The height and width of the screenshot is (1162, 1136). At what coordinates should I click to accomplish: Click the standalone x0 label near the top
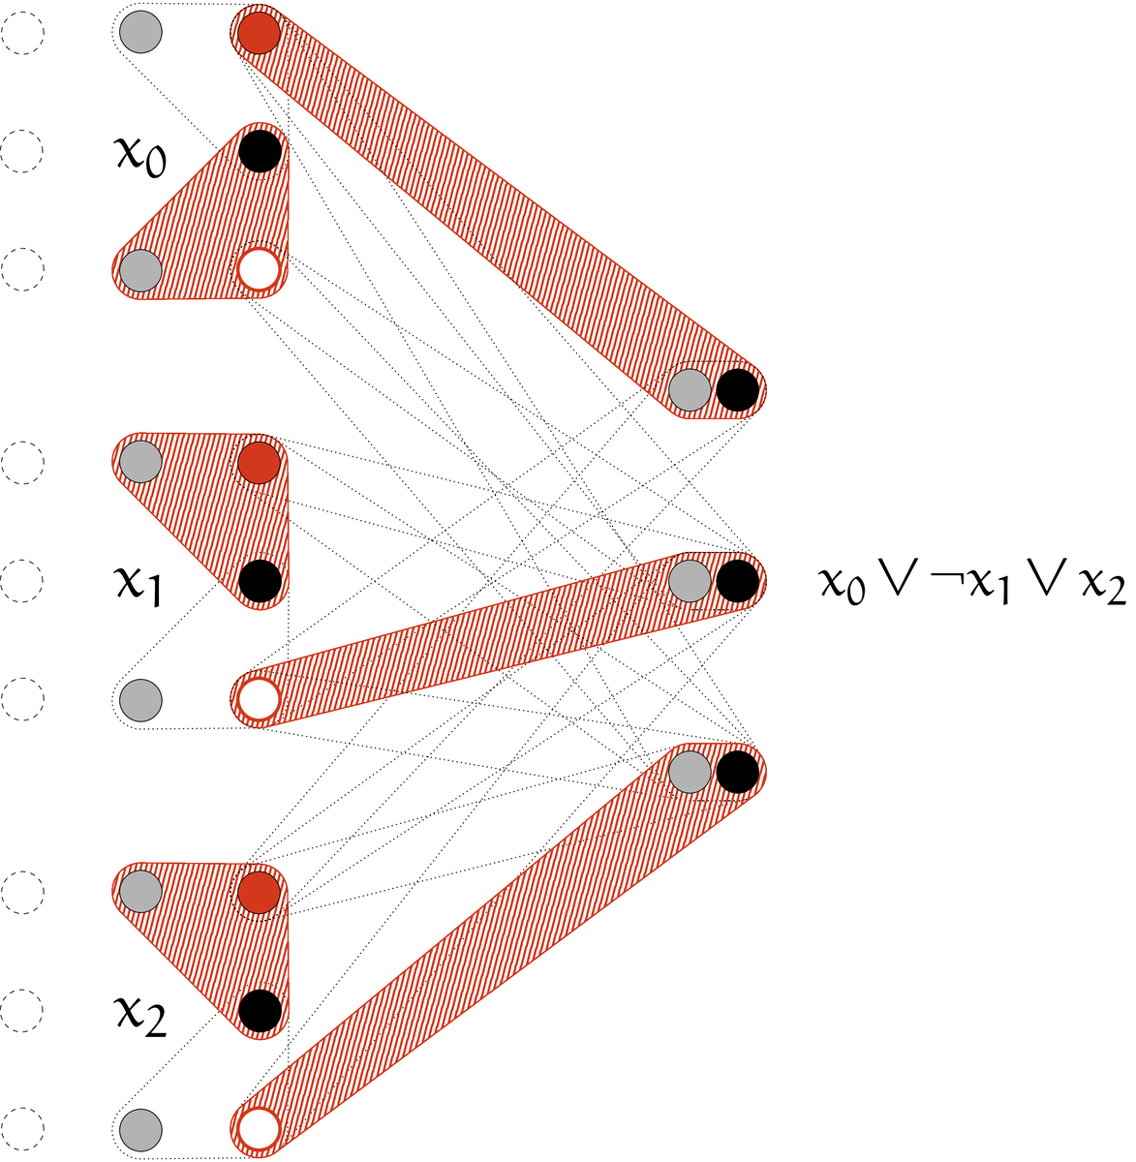[139, 155]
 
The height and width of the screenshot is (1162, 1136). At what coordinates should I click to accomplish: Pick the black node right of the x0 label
[260, 152]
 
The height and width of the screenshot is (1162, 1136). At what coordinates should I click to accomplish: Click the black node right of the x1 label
[260, 581]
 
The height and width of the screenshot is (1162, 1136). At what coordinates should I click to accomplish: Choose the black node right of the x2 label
[260, 1011]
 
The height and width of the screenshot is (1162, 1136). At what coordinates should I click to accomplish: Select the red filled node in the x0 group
[259, 35]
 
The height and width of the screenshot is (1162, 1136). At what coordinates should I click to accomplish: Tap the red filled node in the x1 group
[259, 463]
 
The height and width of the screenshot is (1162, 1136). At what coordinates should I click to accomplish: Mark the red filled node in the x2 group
[259, 892]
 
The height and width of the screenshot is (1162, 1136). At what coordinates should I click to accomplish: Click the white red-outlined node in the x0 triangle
[259, 270]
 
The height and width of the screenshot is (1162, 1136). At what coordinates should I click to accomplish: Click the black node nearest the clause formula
[737, 581]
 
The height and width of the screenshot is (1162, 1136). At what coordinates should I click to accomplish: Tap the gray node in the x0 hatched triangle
[140, 270]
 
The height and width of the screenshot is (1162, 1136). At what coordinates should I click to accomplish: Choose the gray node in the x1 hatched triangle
[140, 463]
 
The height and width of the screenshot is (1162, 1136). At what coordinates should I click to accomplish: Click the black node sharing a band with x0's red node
[737, 390]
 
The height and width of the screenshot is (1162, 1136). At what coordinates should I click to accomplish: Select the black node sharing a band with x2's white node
[737, 772]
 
